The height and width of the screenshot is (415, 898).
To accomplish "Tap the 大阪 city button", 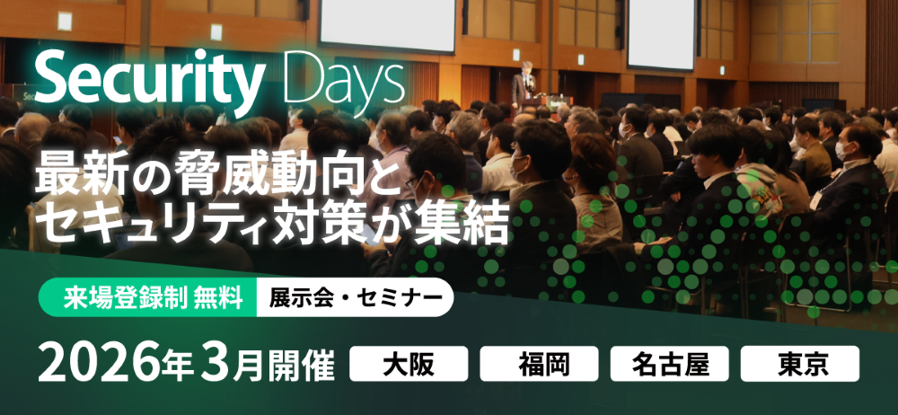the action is tap(409, 364).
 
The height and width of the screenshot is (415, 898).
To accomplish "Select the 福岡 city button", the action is tap(539, 364).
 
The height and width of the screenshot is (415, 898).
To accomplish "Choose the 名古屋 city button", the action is tap(670, 364).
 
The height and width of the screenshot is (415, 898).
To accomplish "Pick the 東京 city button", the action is tap(800, 364).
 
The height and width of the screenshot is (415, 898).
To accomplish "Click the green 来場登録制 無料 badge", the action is tap(148, 298).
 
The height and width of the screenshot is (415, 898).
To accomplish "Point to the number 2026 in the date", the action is tap(99, 365).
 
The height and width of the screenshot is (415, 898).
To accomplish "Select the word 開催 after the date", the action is tap(303, 365).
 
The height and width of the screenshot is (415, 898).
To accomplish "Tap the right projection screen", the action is tap(662, 33).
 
